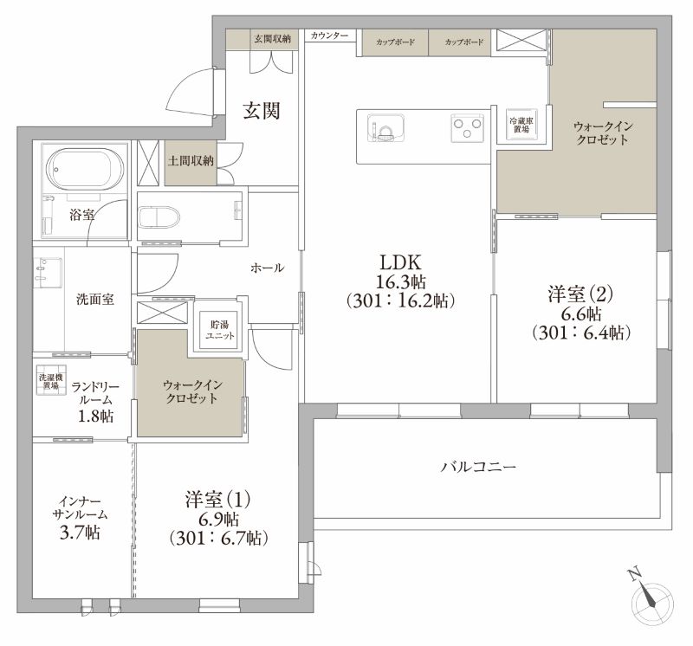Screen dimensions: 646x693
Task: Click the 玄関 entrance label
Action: pyautogui.click(x=261, y=110)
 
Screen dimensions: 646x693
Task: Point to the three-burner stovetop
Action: pyautogui.click(x=467, y=129)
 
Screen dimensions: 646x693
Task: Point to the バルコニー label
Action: pyautogui.click(x=478, y=467)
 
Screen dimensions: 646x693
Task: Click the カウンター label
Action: pyautogui.click(x=329, y=36)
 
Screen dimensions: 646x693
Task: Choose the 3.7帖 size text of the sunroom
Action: pyautogui.click(x=79, y=533)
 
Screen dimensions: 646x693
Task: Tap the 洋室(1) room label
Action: pyautogui.click(x=217, y=500)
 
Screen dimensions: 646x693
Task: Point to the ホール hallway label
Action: pyautogui.click(x=267, y=268)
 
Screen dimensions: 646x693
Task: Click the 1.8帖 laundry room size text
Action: pyautogui.click(x=95, y=417)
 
